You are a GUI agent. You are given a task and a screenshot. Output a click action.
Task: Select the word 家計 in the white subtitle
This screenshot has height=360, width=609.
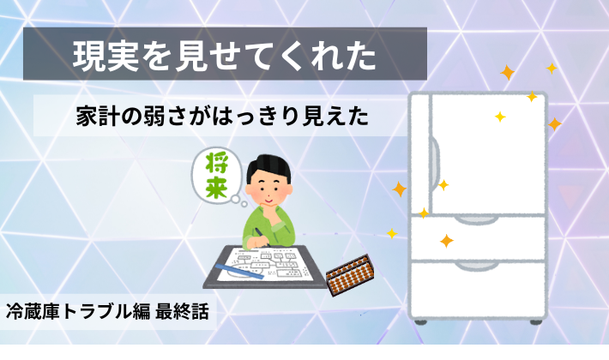point(95,117)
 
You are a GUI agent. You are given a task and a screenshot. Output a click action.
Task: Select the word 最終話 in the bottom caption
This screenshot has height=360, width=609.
point(179,310)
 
